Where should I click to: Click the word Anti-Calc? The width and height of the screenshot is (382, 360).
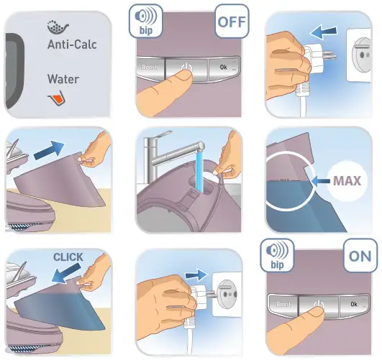tap(72, 45)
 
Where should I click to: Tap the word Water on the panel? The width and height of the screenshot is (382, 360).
tap(63, 79)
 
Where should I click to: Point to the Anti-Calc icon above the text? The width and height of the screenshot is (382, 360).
tap(58, 27)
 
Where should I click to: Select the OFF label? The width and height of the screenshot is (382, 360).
tap(232, 22)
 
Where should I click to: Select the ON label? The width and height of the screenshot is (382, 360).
tap(360, 256)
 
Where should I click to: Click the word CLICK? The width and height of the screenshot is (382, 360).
tap(68, 257)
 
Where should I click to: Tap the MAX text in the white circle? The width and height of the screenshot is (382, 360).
tap(347, 181)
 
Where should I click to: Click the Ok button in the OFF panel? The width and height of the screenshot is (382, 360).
tap(224, 68)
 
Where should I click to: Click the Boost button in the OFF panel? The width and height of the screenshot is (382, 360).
tap(150, 68)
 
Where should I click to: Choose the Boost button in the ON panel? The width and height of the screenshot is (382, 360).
tap(283, 305)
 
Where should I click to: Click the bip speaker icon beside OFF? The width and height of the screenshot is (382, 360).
tap(146, 22)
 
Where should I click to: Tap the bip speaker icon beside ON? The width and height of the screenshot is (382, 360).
tap(277, 255)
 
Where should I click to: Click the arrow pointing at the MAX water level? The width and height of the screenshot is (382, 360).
tap(321, 181)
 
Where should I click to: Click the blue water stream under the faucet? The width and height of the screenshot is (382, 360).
tap(199, 170)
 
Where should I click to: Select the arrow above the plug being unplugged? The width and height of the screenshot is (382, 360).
tap(323, 32)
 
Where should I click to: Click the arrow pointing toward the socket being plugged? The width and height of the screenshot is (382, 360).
tap(196, 275)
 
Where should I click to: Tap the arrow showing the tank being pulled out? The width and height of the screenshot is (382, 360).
tap(49, 150)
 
